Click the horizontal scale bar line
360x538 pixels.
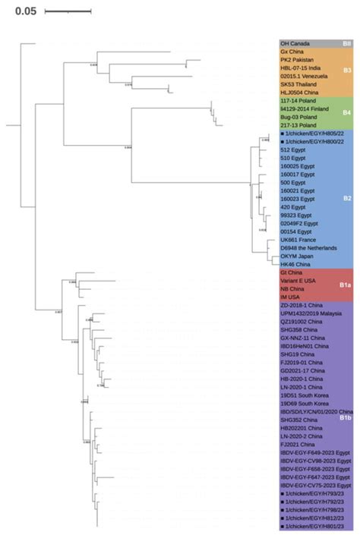tap(68, 12)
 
